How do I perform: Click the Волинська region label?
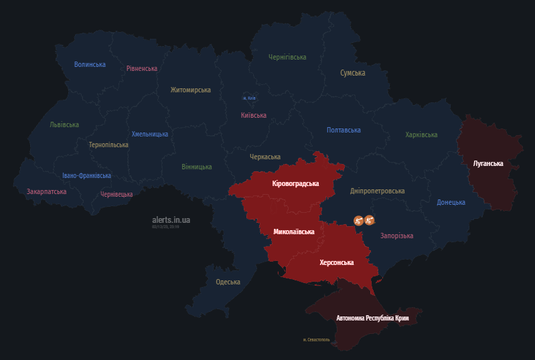point(90,64)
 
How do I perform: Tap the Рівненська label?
point(142,68)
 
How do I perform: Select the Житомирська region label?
point(190,90)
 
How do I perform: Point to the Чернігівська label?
point(287,58)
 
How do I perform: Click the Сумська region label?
point(352,73)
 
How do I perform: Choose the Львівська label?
point(64,124)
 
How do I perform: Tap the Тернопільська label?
point(108,145)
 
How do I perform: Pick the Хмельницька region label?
point(150,134)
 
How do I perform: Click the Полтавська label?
point(343,130)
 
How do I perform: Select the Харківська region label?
point(421,134)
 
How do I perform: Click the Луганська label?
point(488,163)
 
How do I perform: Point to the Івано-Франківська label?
point(87,176)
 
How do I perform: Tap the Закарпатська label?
point(47,191)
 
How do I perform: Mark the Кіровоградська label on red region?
point(296,183)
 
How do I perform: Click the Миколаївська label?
point(294,232)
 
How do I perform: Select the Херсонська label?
point(337,262)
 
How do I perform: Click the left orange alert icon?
point(358,219)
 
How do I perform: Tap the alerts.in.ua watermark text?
point(171,219)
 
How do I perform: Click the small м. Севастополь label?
point(317,340)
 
